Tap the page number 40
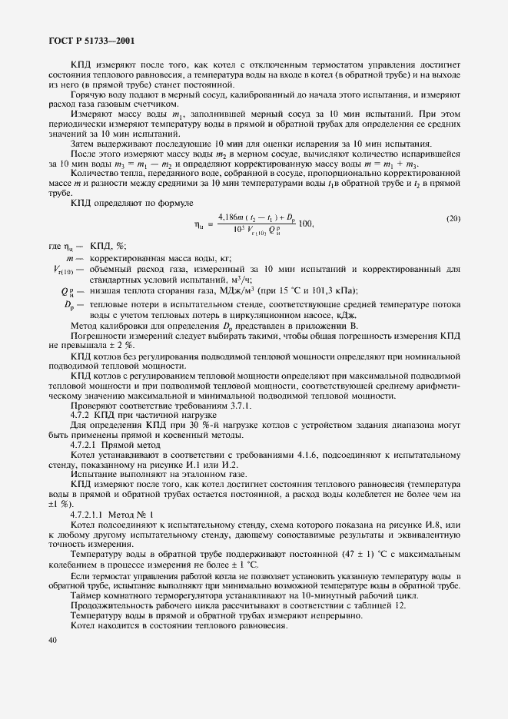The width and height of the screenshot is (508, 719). point(52,638)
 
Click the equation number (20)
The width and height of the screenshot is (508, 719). point(453,219)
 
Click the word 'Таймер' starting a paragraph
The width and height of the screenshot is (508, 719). point(85,595)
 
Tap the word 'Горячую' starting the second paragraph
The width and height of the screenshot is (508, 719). point(88,94)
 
